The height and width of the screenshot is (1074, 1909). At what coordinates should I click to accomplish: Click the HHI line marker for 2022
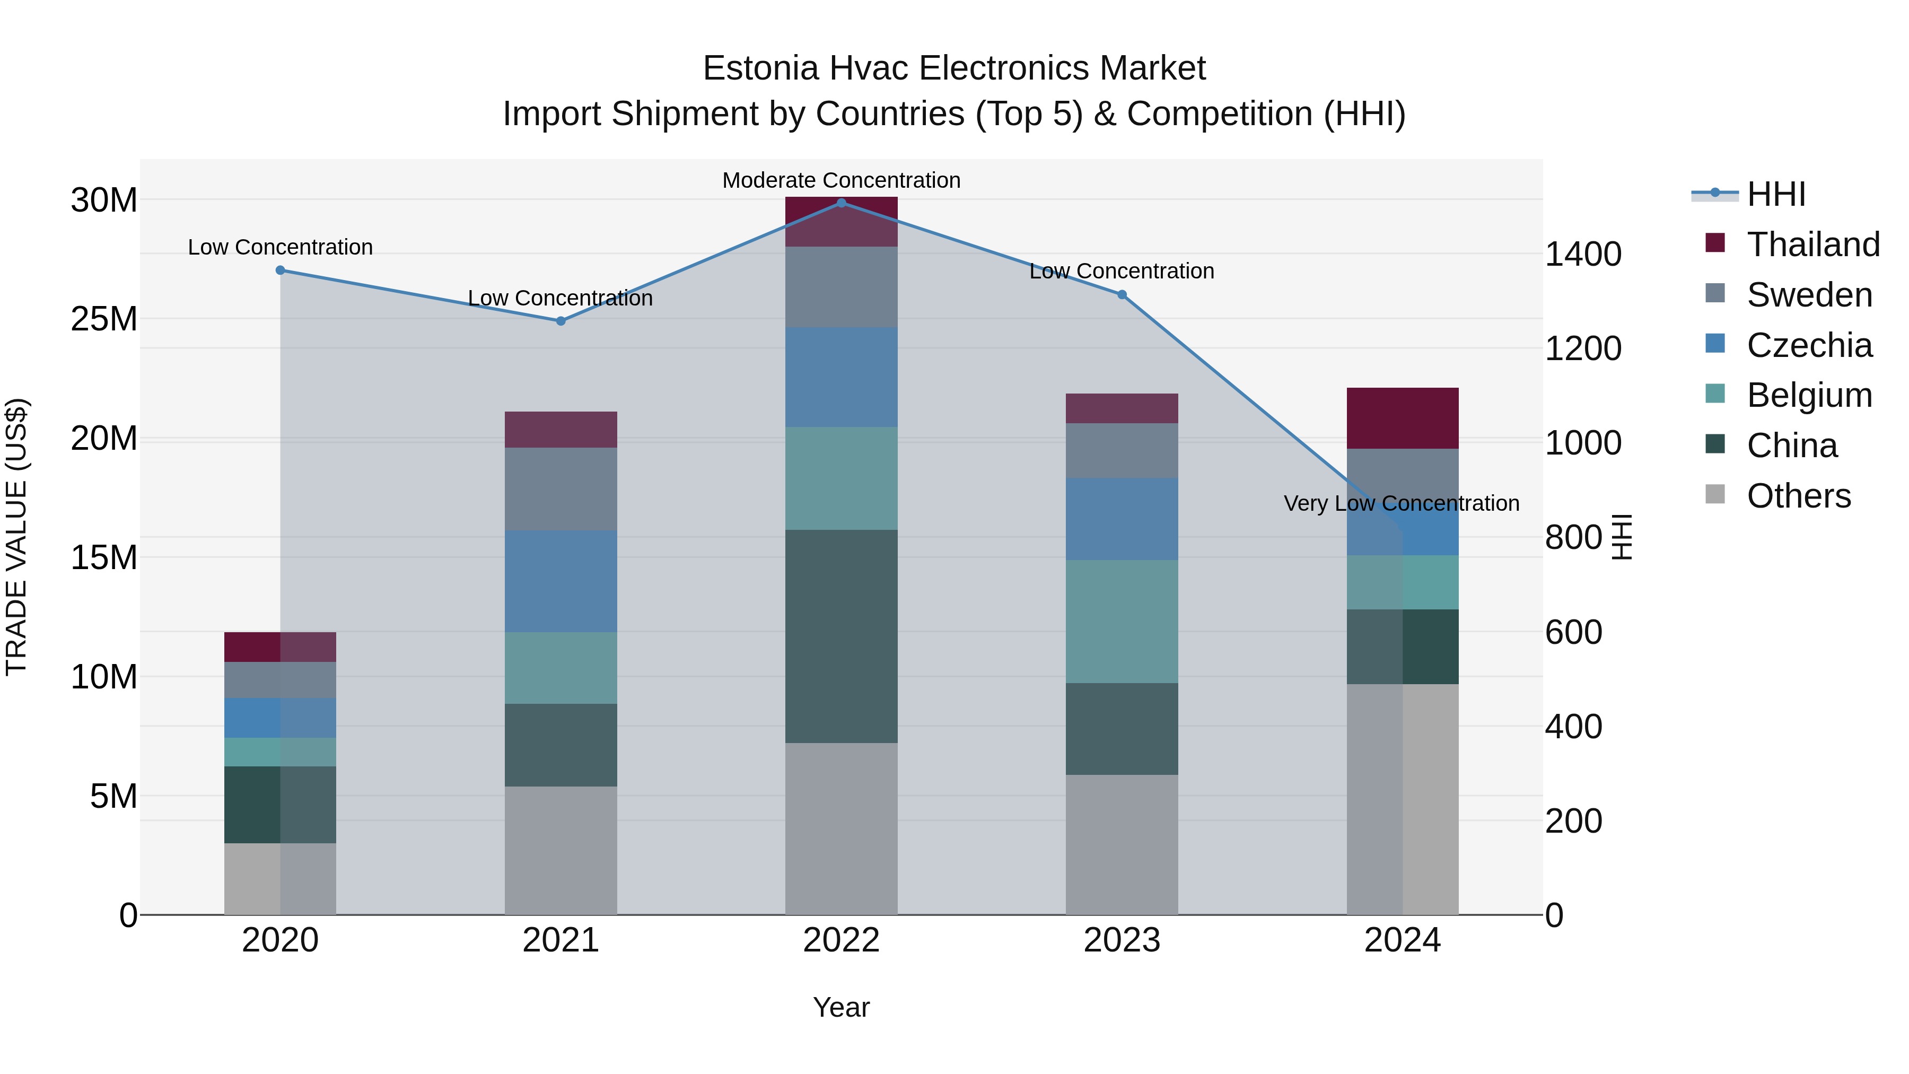click(841, 203)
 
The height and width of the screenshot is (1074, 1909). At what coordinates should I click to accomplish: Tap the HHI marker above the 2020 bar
click(280, 270)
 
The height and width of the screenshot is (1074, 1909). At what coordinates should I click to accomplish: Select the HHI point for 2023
click(1122, 295)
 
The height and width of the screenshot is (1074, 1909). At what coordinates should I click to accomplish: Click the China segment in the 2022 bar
click(841, 636)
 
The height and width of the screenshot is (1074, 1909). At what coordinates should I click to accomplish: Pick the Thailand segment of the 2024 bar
click(1402, 418)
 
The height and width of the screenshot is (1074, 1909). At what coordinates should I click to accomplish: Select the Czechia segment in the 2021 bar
click(561, 581)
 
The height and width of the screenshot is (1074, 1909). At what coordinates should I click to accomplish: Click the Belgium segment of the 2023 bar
click(1122, 621)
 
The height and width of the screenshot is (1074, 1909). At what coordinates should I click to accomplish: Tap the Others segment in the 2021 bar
click(561, 850)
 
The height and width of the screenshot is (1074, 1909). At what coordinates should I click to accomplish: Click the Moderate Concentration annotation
click(841, 180)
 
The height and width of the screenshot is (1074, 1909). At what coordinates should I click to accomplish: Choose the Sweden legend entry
click(1809, 295)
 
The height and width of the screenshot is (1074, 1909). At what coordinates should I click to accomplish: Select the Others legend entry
click(1799, 496)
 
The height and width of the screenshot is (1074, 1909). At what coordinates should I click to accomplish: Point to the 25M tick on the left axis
click(104, 319)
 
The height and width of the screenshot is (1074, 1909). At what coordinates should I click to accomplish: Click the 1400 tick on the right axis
click(1583, 254)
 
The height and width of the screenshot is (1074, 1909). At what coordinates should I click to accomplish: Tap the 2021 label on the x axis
click(561, 940)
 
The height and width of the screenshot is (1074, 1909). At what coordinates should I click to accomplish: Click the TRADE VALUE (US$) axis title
click(16, 537)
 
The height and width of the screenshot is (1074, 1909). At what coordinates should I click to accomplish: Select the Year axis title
click(841, 1007)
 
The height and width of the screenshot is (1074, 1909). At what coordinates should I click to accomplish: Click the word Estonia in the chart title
click(760, 68)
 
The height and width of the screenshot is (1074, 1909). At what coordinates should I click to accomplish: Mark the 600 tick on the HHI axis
click(1573, 632)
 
